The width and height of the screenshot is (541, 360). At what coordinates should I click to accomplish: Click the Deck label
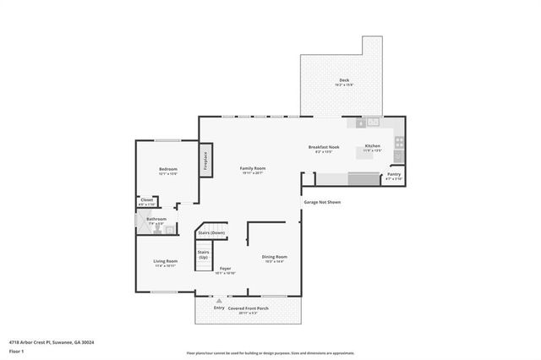[x=344, y=80]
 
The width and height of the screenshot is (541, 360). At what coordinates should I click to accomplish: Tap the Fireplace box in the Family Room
[x=205, y=161]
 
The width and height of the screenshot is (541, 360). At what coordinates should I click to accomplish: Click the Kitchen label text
[x=373, y=146]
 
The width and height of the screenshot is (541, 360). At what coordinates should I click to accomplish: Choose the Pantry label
[x=393, y=175]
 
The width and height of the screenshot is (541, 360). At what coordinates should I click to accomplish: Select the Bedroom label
[x=168, y=170]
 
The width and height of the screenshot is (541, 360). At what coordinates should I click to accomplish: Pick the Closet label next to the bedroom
[x=146, y=200]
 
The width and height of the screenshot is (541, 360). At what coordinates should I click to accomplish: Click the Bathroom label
[x=156, y=220]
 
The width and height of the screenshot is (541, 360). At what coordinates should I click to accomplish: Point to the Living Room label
[x=165, y=262]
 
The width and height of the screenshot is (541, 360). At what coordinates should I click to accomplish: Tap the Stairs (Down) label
[x=211, y=233]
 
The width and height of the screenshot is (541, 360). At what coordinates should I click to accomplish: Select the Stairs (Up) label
[x=204, y=254]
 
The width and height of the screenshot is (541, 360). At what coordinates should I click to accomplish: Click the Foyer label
[x=225, y=269]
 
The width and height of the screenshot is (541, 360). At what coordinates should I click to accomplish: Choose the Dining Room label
[x=275, y=257]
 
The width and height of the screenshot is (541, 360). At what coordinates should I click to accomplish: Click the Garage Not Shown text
[x=322, y=202]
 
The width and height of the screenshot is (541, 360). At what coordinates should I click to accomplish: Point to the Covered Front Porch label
[x=254, y=308]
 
